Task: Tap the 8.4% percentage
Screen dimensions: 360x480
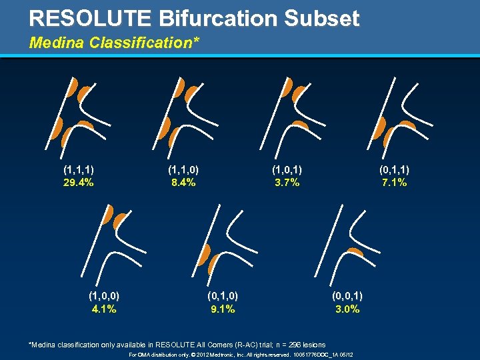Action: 182,183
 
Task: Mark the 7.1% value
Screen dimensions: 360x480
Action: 394,183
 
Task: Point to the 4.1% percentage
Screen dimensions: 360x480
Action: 104,309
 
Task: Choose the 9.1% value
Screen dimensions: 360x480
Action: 223,309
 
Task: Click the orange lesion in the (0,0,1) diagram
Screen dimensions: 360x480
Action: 355,251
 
